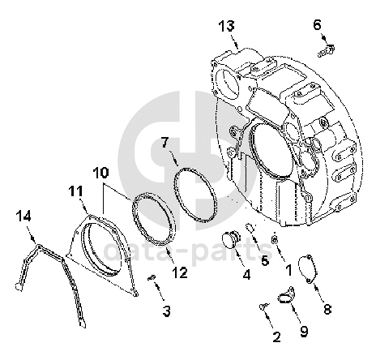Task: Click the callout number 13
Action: (x=226, y=27)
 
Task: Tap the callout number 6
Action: (x=317, y=25)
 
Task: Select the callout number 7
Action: (x=165, y=143)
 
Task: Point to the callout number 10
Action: (x=100, y=173)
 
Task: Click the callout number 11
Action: (x=75, y=191)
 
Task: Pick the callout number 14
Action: (x=23, y=216)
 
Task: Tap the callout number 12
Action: (x=180, y=272)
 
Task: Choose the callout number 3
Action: (x=167, y=311)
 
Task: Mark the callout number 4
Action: (x=246, y=274)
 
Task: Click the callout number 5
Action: (x=265, y=261)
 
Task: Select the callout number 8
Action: (x=327, y=309)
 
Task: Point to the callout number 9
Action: (x=304, y=332)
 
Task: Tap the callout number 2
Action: (x=277, y=337)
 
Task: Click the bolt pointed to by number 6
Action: (x=327, y=51)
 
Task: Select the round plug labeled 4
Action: (x=230, y=239)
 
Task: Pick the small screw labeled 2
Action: (x=264, y=306)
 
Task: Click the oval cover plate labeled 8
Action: (x=307, y=269)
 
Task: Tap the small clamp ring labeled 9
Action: (x=286, y=296)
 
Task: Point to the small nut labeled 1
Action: (x=274, y=239)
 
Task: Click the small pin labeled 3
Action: (x=152, y=277)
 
